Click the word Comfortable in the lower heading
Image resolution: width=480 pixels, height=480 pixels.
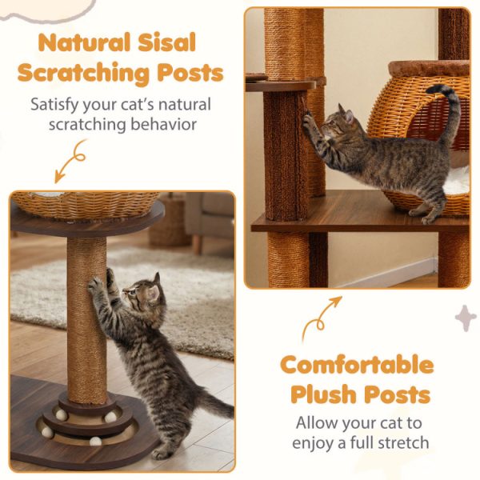click(356, 366)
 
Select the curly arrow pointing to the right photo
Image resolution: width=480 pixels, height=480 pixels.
click(320, 318)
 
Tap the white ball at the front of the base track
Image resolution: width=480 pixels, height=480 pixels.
click(95, 441)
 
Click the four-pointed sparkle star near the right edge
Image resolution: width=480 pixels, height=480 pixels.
click(465, 318)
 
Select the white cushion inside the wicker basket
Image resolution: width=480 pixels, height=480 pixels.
click(456, 179)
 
